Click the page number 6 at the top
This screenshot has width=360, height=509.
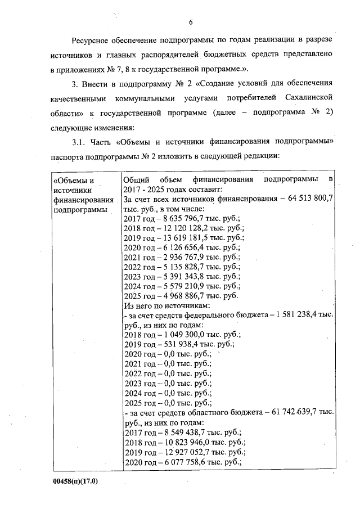click(x=191, y=22)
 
